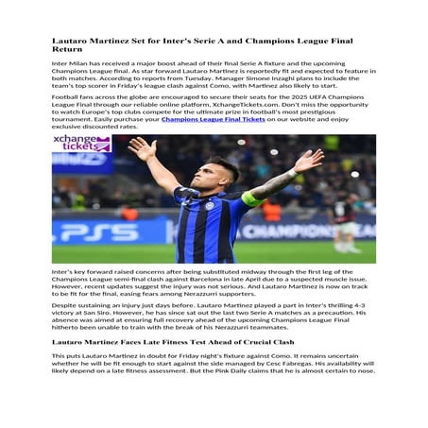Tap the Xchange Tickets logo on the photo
(82, 145)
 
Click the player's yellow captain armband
(250, 198)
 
